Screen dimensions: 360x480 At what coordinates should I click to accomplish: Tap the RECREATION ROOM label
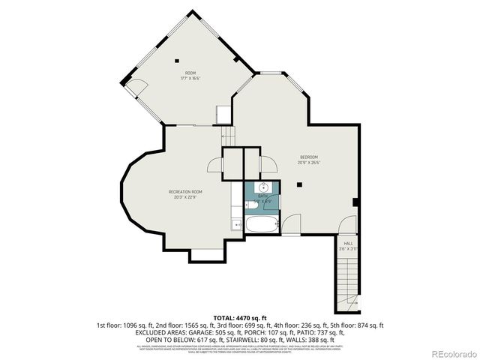click(185, 192)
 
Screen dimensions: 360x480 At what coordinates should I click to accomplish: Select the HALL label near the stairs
click(348, 243)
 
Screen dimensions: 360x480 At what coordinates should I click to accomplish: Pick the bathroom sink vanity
click(263, 187)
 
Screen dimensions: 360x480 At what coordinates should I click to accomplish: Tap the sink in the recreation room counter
click(236, 223)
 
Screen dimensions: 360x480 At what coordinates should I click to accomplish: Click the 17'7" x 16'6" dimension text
click(190, 78)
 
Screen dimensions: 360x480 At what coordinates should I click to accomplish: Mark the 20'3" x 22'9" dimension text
click(185, 198)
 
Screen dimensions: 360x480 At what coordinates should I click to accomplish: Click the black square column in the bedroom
click(298, 184)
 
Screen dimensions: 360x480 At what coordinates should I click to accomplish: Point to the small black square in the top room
click(176, 59)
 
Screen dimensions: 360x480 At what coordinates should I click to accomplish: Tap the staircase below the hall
click(347, 281)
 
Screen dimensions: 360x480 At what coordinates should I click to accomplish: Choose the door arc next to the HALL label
click(347, 226)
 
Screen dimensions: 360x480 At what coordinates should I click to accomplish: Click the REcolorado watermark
click(448, 353)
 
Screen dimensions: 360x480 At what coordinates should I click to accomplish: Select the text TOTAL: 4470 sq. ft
click(239, 318)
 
